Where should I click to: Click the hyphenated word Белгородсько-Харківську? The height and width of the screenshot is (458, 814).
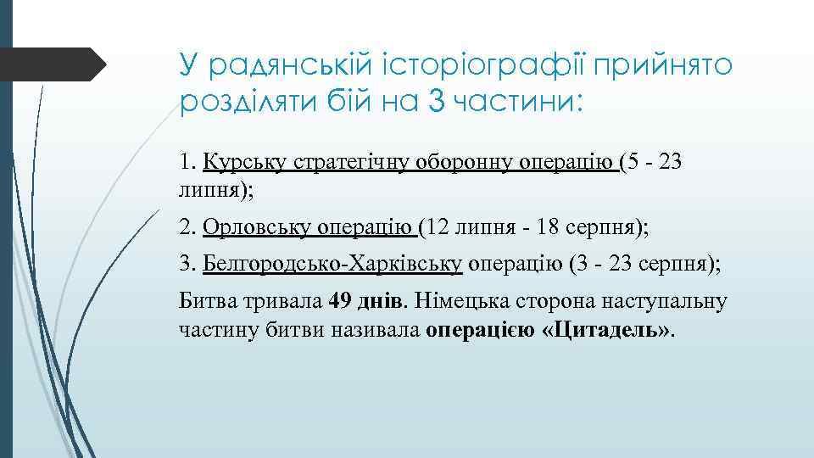(x=332, y=264)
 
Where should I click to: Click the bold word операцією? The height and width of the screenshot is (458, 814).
(x=480, y=329)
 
